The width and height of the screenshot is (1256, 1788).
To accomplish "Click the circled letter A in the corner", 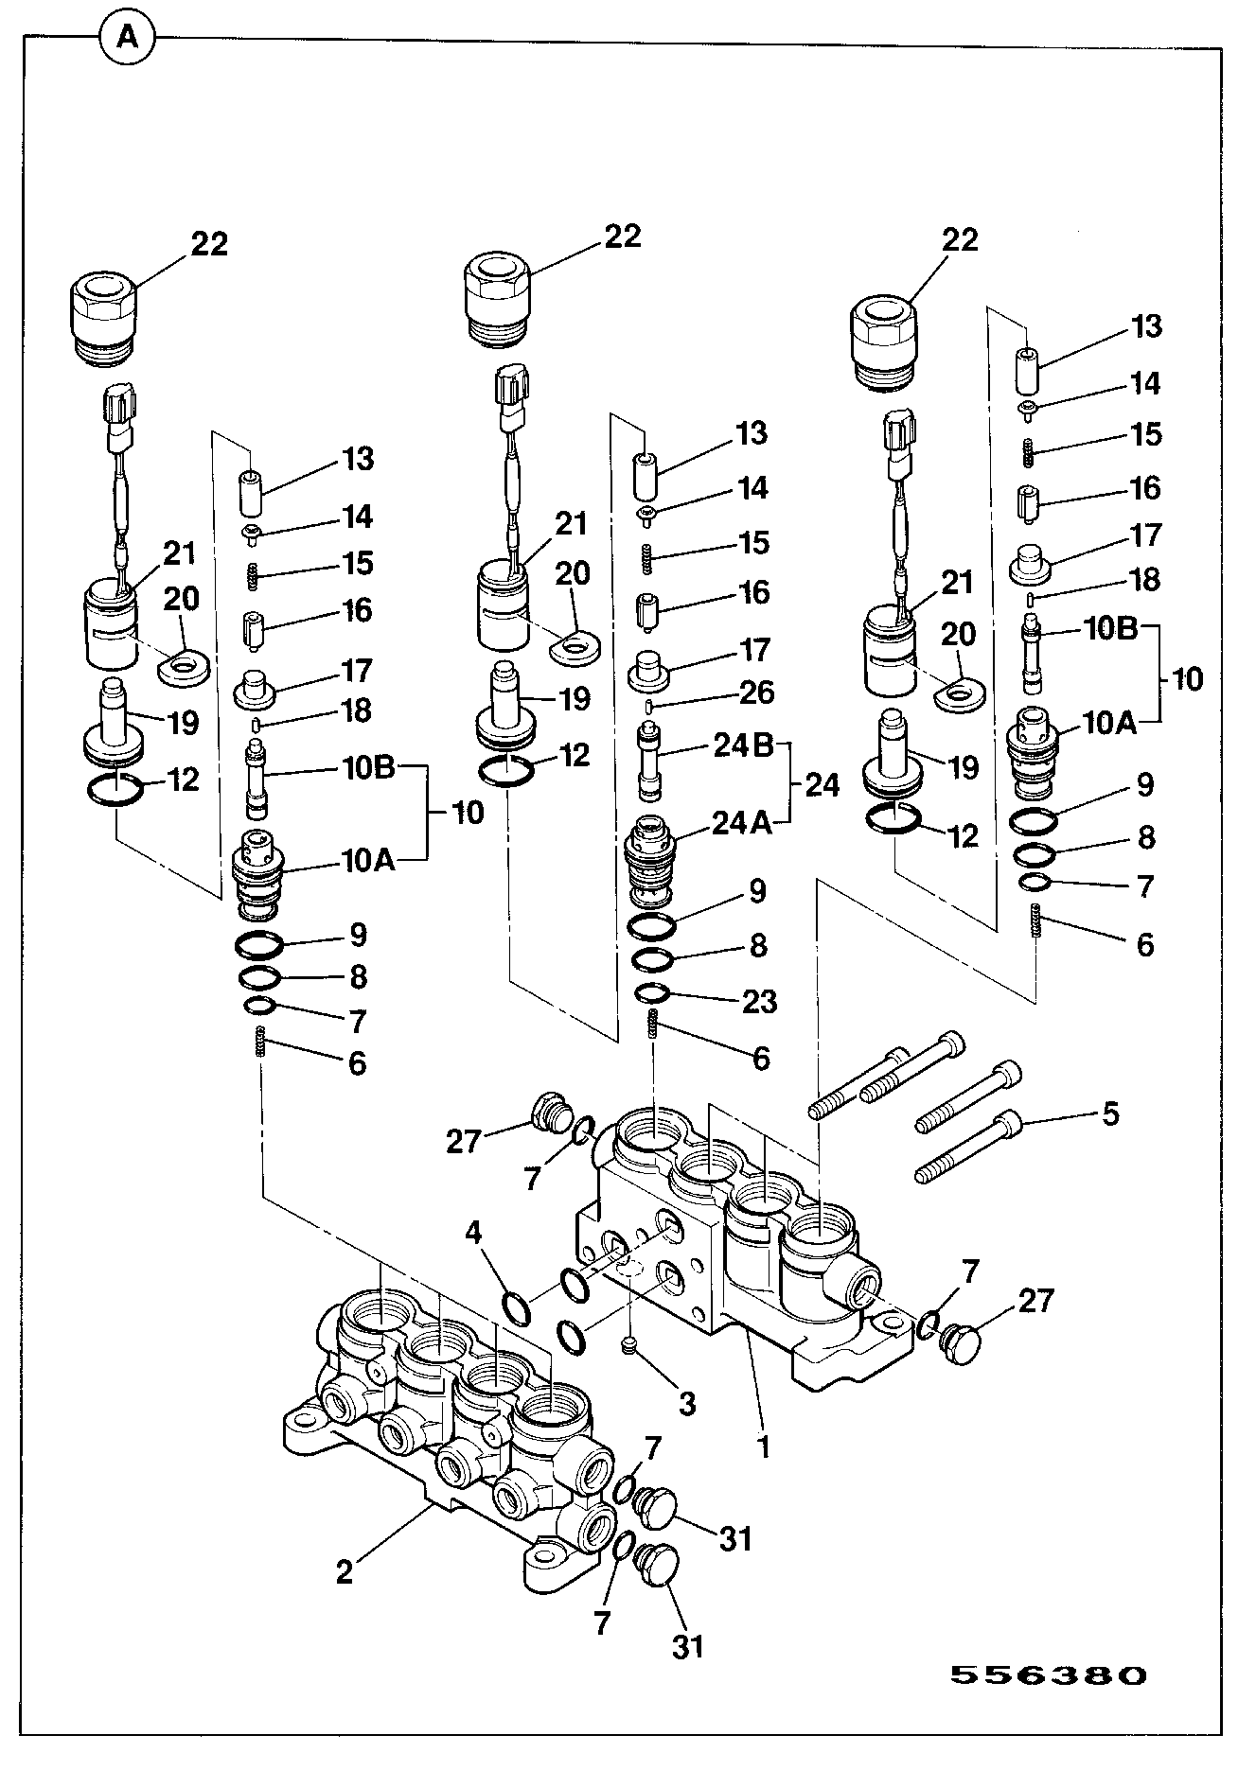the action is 127,38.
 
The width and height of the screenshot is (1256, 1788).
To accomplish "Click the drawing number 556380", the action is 1048,1675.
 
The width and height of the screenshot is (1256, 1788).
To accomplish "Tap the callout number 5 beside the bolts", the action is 1109,1113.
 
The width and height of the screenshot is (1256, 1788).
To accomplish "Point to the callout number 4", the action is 473,1233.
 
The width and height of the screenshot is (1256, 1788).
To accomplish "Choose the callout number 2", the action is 345,1571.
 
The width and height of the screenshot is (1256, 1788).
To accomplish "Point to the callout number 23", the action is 759,1001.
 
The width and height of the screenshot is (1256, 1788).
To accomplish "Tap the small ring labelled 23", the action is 653,993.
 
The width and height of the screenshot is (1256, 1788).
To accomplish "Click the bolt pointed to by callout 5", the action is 971,1146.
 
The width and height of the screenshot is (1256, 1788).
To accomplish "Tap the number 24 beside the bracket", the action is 822,785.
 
